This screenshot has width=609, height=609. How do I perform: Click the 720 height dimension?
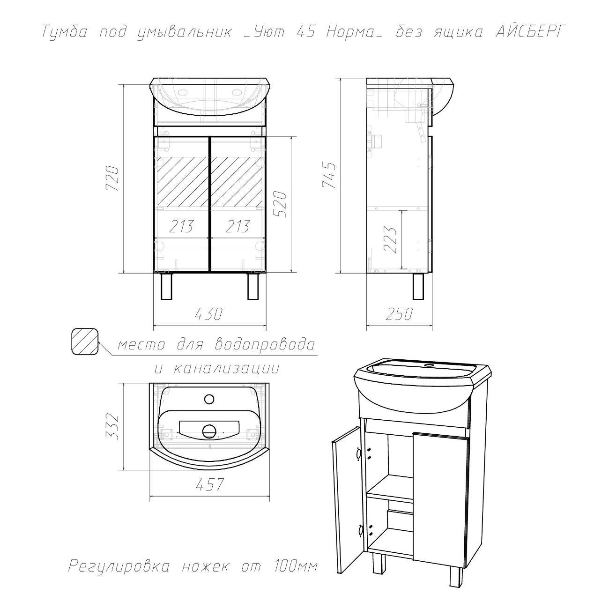coord(113,178)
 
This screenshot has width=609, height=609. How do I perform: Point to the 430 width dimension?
coord(208,314)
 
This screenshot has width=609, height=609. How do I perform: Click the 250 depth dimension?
coord(399,313)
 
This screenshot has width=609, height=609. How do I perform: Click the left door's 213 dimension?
coord(181,226)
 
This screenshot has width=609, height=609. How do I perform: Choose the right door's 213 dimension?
coord(238,226)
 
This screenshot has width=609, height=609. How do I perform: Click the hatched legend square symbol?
coord(85,342)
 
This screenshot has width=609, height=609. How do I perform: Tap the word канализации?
coord(226,369)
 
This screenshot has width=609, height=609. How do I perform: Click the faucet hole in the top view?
coord(209,399)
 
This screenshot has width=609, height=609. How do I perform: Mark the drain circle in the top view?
coord(209,431)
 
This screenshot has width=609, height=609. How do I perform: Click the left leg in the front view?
coord(167,286)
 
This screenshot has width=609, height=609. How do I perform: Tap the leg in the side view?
coord(418,286)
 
